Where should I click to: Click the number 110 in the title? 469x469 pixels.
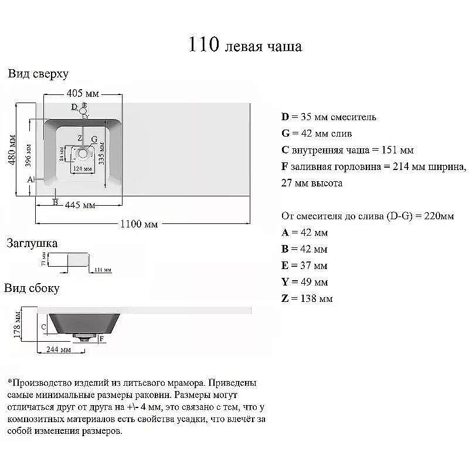click(x=204, y=45)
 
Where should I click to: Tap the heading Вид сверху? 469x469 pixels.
click(x=38, y=74)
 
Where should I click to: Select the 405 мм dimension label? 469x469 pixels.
click(x=82, y=94)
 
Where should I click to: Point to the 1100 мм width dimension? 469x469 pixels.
click(x=138, y=223)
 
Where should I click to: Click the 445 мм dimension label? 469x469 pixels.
click(x=80, y=205)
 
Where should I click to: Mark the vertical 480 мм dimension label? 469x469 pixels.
click(x=12, y=151)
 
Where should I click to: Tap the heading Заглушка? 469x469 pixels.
click(x=32, y=243)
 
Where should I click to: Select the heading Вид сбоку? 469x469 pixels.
click(x=32, y=288)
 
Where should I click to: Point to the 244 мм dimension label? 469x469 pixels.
click(x=58, y=350)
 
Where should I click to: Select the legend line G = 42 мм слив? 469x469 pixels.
click(x=317, y=134)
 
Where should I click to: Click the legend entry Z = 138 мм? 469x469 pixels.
click(x=307, y=298)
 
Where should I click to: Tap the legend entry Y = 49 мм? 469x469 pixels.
click(x=304, y=282)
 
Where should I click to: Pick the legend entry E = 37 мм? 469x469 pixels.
click(x=304, y=266)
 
